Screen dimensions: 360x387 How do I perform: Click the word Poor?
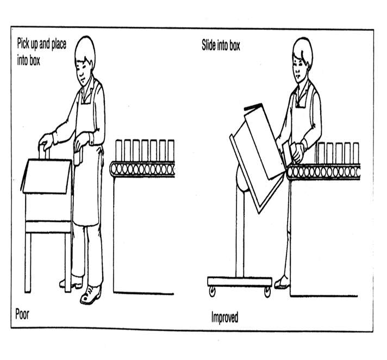tap(23, 313)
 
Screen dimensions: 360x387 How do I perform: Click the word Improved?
tap(224, 317)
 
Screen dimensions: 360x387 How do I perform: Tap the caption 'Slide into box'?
tap(221, 46)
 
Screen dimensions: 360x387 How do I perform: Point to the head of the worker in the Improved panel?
tap(301, 56)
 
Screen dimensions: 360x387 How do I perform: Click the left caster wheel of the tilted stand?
tap(212, 292)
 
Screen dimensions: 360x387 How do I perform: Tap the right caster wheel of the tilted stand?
tap(267, 292)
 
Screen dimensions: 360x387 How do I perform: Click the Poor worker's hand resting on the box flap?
tap(46, 142)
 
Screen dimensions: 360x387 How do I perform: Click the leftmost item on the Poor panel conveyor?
tap(119, 151)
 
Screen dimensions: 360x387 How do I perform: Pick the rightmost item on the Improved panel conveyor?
tap(355, 153)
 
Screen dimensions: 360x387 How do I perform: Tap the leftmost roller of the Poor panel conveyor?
tap(115, 169)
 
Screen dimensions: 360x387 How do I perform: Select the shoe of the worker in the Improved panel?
tap(282, 283)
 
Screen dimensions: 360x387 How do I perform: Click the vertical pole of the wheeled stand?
tap(239, 234)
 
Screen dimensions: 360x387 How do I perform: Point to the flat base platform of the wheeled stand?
tap(239, 281)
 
